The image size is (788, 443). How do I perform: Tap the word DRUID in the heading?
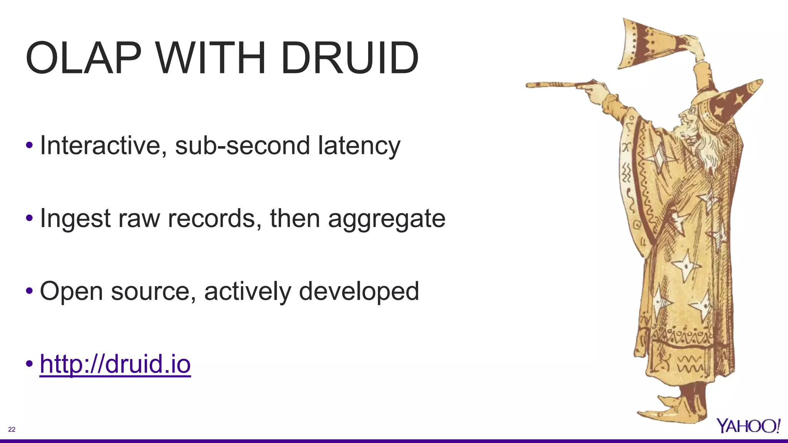[349, 58]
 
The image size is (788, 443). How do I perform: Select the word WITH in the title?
[211, 58]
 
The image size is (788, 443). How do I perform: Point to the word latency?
[359, 146]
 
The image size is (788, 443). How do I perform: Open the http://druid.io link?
[115, 364]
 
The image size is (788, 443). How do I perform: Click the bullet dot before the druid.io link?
[29, 364]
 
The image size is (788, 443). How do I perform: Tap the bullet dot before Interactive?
[29, 146]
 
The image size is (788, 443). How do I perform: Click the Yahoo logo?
[748, 426]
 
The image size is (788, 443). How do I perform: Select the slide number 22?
[12, 430]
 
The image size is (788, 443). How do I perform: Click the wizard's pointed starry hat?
[733, 102]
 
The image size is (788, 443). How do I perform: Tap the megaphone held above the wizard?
[646, 44]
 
